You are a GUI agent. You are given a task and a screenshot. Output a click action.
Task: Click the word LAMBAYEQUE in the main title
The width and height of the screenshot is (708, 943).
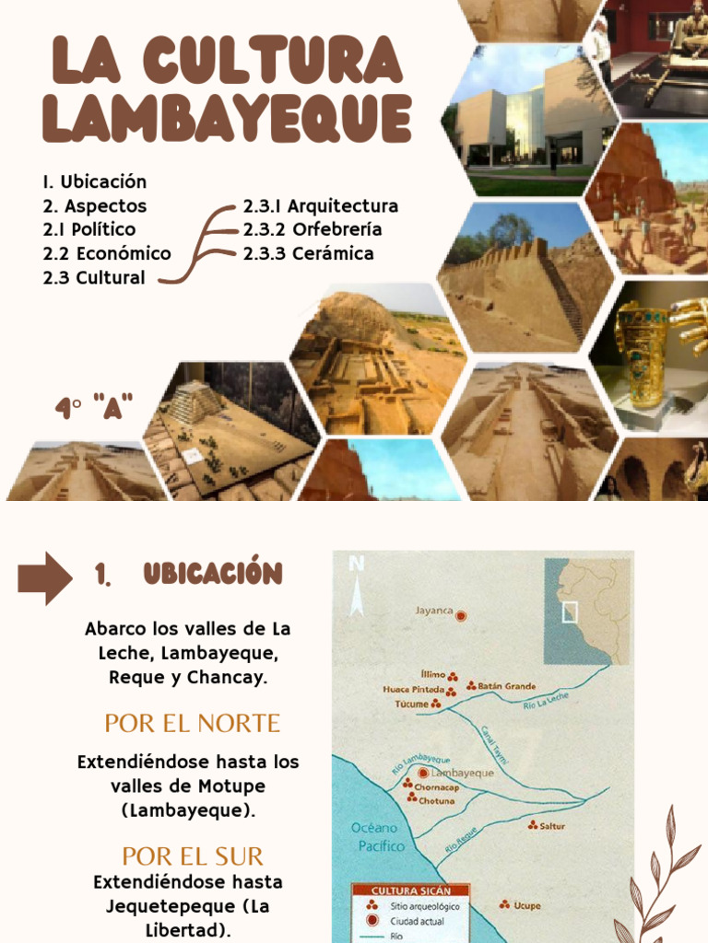click(226, 119)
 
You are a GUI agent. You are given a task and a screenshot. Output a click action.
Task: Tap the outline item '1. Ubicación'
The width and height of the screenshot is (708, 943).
click(94, 181)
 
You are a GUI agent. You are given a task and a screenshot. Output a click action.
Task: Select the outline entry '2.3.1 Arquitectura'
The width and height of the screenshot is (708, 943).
click(321, 205)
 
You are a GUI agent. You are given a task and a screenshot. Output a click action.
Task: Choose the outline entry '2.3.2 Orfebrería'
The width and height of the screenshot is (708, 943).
click(313, 229)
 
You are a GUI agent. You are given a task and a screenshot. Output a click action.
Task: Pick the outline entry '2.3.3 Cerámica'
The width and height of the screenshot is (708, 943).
click(308, 253)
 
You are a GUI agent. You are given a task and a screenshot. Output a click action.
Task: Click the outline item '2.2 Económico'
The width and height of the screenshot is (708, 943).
click(107, 253)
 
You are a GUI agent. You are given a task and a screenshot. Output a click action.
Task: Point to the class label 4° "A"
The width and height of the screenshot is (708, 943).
click(94, 407)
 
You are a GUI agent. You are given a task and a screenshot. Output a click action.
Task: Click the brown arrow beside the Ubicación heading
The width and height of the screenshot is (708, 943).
click(44, 577)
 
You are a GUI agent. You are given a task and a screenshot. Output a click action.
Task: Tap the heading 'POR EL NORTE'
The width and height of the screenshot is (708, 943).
click(192, 723)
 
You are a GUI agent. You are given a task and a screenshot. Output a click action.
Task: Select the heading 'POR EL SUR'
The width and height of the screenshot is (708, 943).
click(192, 856)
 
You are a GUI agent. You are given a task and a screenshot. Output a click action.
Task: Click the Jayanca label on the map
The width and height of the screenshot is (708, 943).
click(434, 610)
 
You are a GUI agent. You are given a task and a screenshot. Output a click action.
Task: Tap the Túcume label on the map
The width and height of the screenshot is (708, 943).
click(411, 704)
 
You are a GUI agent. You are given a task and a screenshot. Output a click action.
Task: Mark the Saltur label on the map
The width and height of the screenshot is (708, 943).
click(552, 826)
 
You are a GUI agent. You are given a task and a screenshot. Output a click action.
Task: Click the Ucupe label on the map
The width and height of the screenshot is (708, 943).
click(526, 905)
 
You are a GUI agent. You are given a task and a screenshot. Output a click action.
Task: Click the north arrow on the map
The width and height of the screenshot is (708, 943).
click(357, 589)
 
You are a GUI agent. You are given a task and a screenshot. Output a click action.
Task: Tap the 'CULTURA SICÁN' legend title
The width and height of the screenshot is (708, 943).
click(410, 891)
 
